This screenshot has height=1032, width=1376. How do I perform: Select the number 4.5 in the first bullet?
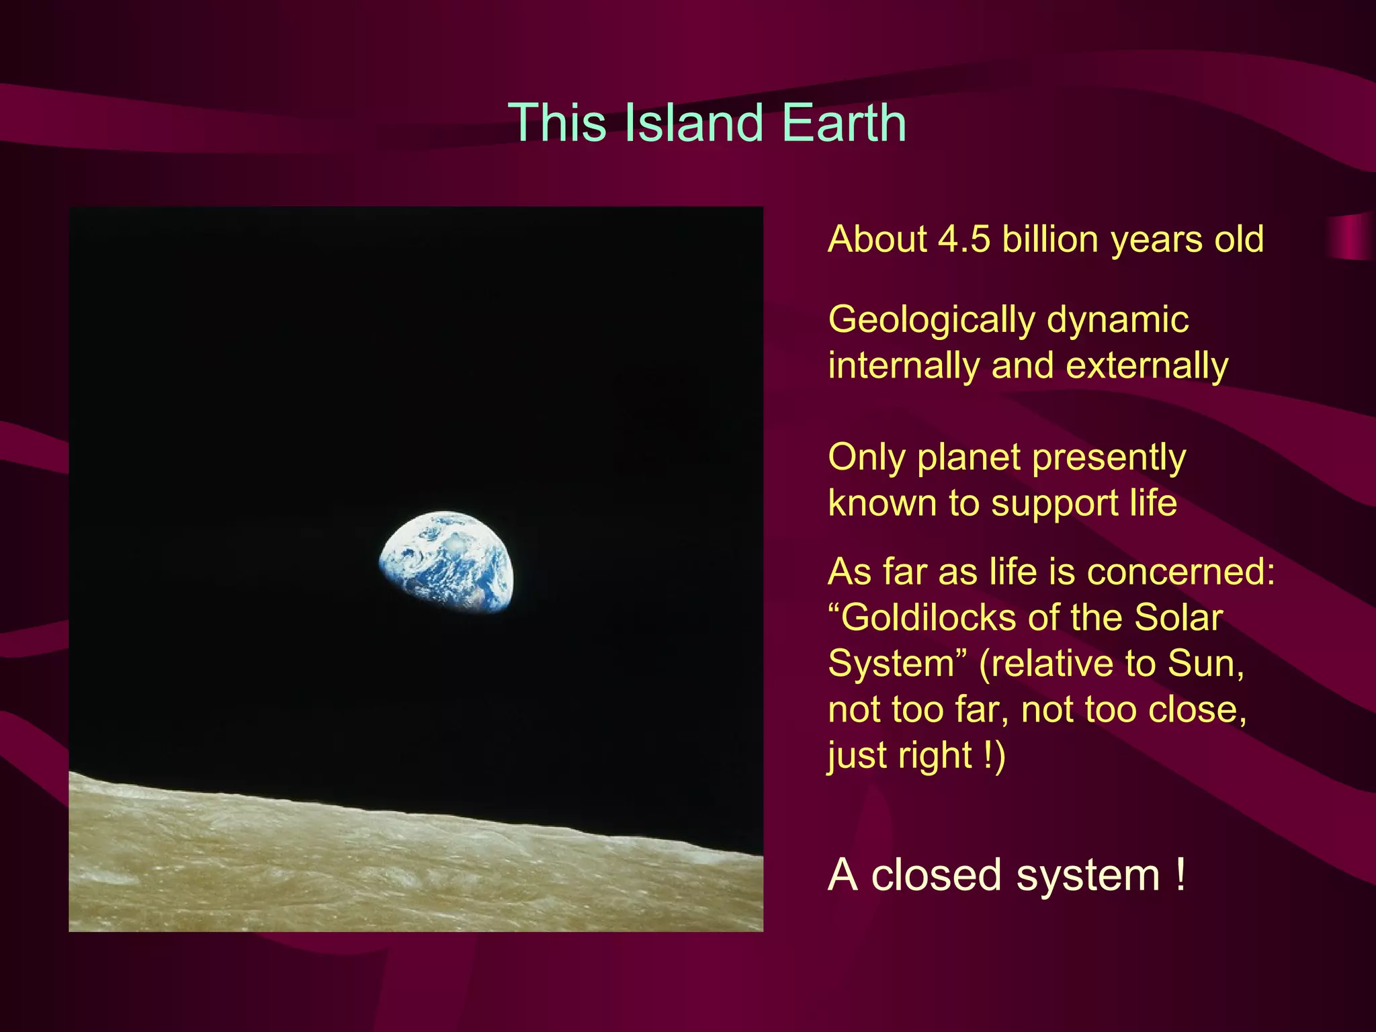click(x=964, y=239)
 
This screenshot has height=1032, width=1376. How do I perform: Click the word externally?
click(x=1147, y=366)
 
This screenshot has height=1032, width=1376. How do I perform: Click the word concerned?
click(x=1180, y=572)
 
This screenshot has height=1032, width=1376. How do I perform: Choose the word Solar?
click(x=1178, y=617)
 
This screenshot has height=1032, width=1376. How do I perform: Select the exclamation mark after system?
click(x=1180, y=875)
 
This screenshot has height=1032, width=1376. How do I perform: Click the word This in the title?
click(x=557, y=123)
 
